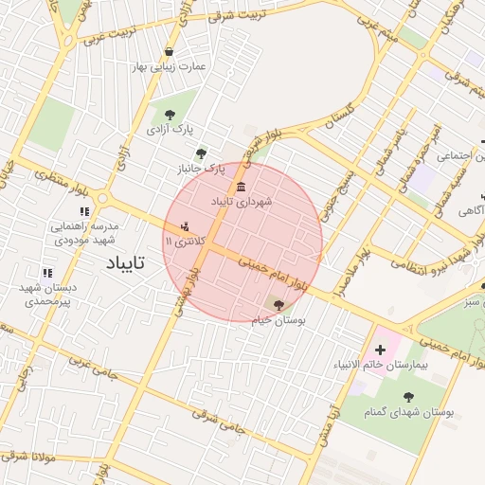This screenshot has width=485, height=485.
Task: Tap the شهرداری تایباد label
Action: [x=242, y=202]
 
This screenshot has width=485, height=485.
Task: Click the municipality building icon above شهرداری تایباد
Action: [x=242, y=185]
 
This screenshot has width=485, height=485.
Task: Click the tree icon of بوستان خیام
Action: [x=278, y=304]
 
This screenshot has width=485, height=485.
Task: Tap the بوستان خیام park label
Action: [x=278, y=321]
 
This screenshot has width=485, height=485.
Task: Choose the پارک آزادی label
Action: [x=170, y=129]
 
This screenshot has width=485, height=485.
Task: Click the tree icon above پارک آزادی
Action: [x=170, y=114]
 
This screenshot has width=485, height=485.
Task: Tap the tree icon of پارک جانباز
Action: [x=200, y=153]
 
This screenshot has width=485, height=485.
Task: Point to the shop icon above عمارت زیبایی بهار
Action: [x=169, y=52]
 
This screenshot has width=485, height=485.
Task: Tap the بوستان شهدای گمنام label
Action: [x=409, y=413]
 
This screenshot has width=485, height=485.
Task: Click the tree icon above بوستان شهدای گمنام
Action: [x=408, y=397]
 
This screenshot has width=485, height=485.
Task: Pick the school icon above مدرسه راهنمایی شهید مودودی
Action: [x=85, y=212]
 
